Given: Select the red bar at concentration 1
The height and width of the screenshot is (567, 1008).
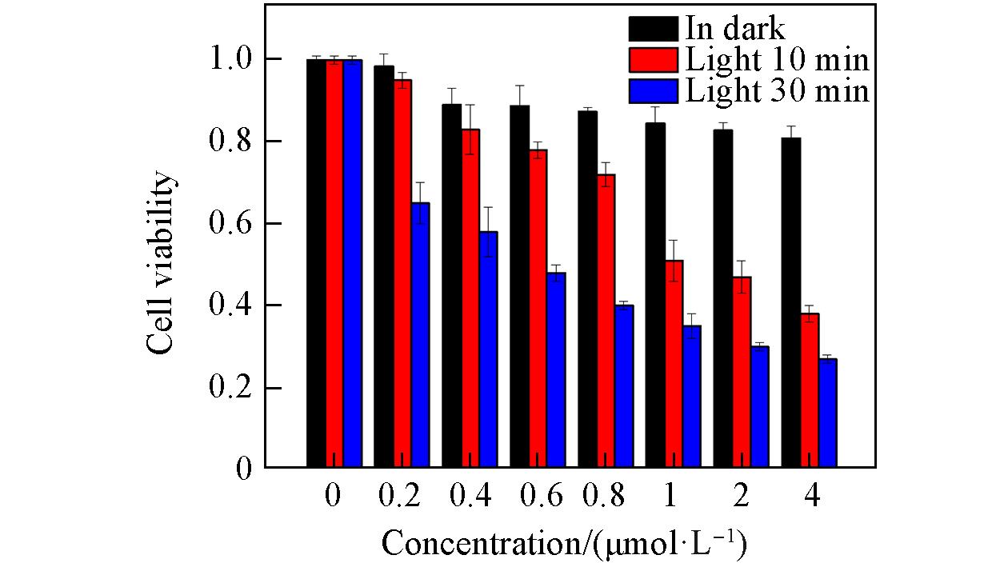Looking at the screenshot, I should tap(674, 364).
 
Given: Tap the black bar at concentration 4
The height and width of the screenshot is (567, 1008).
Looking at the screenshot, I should tap(791, 302).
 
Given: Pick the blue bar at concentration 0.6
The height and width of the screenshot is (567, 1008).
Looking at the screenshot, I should tap(556, 369).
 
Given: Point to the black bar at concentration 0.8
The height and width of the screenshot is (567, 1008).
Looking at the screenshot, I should tap(587, 289).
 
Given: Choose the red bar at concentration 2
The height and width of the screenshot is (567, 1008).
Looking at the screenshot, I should tap(742, 372).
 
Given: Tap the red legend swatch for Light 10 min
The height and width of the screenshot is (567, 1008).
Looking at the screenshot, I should tap(654, 59).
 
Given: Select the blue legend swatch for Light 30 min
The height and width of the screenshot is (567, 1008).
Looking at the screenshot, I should tap(654, 90).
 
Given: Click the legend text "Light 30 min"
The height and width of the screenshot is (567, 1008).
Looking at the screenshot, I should tap(776, 91).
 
